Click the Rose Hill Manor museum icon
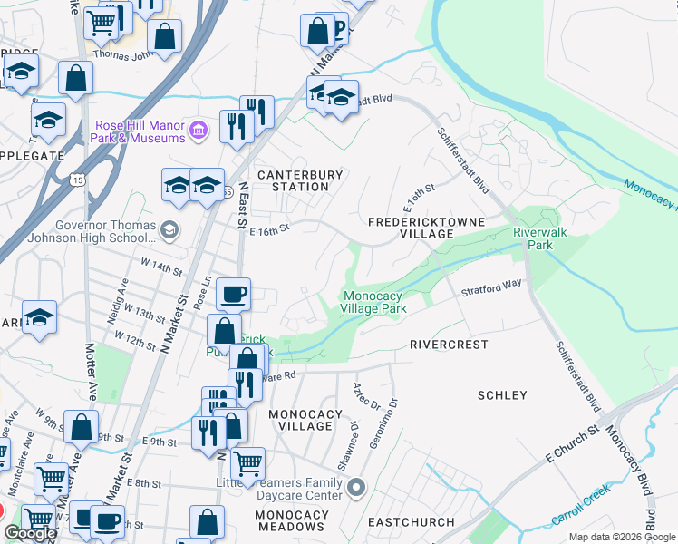tap(199, 131)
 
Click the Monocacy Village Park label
tap(373, 302)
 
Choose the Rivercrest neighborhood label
tap(449, 345)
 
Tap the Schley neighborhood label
tap(501, 395)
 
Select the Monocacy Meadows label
tap(292, 520)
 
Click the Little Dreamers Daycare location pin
tap(355, 488)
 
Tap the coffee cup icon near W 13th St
tap(233, 294)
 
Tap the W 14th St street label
tap(155, 269)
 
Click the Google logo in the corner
tap(30, 533)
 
